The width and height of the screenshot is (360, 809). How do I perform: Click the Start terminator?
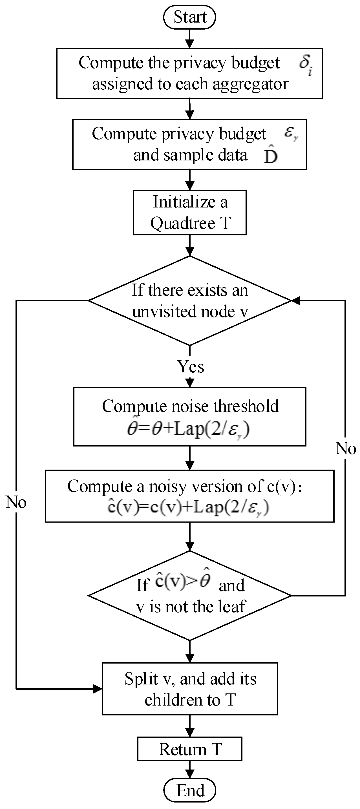[x=189, y=17]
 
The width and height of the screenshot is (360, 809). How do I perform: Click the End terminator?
[x=189, y=790]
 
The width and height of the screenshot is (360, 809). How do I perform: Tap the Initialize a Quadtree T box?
[x=189, y=213]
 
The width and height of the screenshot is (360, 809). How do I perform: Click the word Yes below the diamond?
[x=190, y=366]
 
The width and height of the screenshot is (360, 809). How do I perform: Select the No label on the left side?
[x=16, y=502]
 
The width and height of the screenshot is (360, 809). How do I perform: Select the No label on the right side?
[x=346, y=448]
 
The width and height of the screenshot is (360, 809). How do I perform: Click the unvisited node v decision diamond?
[x=189, y=300]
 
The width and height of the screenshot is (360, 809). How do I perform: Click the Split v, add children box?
[x=189, y=689]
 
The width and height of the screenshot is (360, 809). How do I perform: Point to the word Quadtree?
[x=183, y=224]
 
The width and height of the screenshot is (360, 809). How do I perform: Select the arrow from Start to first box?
[x=189, y=39]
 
